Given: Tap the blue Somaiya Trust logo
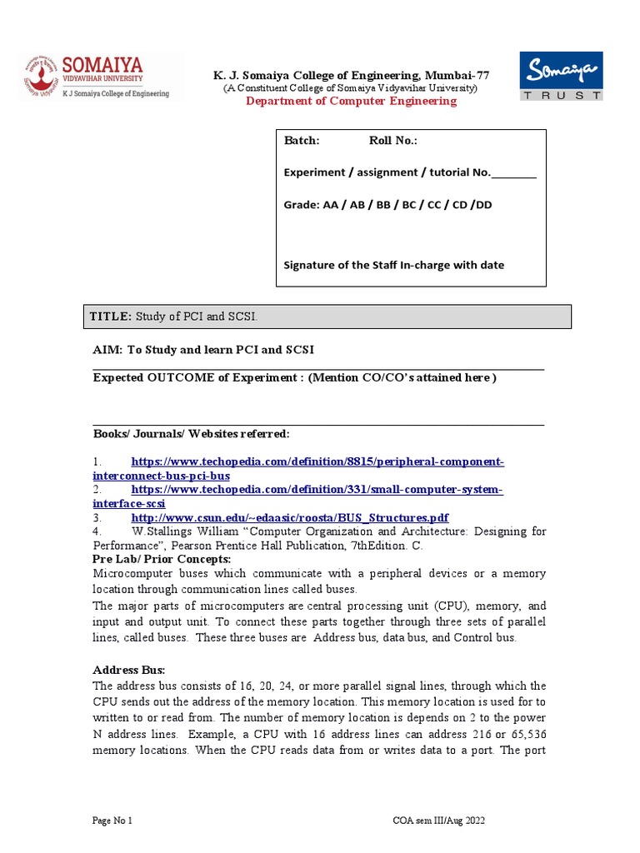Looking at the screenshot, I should click(561, 76).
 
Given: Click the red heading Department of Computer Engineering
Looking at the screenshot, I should click(351, 101).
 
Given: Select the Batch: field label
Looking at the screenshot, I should click(302, 141).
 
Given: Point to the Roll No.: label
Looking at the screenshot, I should click(392, 141).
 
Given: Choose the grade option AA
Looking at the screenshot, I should click(332, 205).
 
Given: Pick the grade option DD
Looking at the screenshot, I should click(482, 205).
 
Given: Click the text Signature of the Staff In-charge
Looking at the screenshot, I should click(394, 265).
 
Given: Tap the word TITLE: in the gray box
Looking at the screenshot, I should click(111, 317).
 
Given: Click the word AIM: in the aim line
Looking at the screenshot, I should click(107, 349).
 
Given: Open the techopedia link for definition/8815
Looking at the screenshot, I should click(317, 461).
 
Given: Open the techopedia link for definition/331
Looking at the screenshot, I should click(317, 490).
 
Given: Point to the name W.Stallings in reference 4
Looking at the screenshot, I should click(158, 531).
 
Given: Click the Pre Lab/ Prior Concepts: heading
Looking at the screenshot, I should click(162, 559).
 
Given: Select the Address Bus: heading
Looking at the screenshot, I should click(129, 670).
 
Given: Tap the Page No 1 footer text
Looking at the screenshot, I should click(112, 821).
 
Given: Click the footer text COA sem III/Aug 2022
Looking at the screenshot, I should click(438, 821).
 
